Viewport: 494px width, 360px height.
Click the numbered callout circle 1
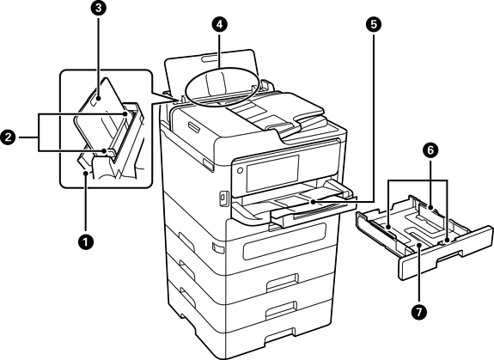86,242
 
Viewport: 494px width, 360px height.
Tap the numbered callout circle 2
9,137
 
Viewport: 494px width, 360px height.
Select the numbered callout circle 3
99,9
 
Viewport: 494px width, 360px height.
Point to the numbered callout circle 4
219,25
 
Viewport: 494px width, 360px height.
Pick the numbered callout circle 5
374,25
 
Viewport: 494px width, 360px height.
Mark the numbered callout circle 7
418,312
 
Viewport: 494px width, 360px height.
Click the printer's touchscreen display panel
272,173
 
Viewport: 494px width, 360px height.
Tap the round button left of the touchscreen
240,170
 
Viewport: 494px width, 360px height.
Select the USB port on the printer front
223,198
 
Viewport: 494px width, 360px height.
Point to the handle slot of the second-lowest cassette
281,310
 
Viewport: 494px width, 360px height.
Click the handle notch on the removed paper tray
449,256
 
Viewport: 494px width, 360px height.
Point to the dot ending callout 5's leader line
313,202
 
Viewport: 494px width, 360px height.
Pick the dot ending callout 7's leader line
418,246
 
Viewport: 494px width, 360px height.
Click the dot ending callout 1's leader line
86,173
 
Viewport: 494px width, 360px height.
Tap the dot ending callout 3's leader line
99,98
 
